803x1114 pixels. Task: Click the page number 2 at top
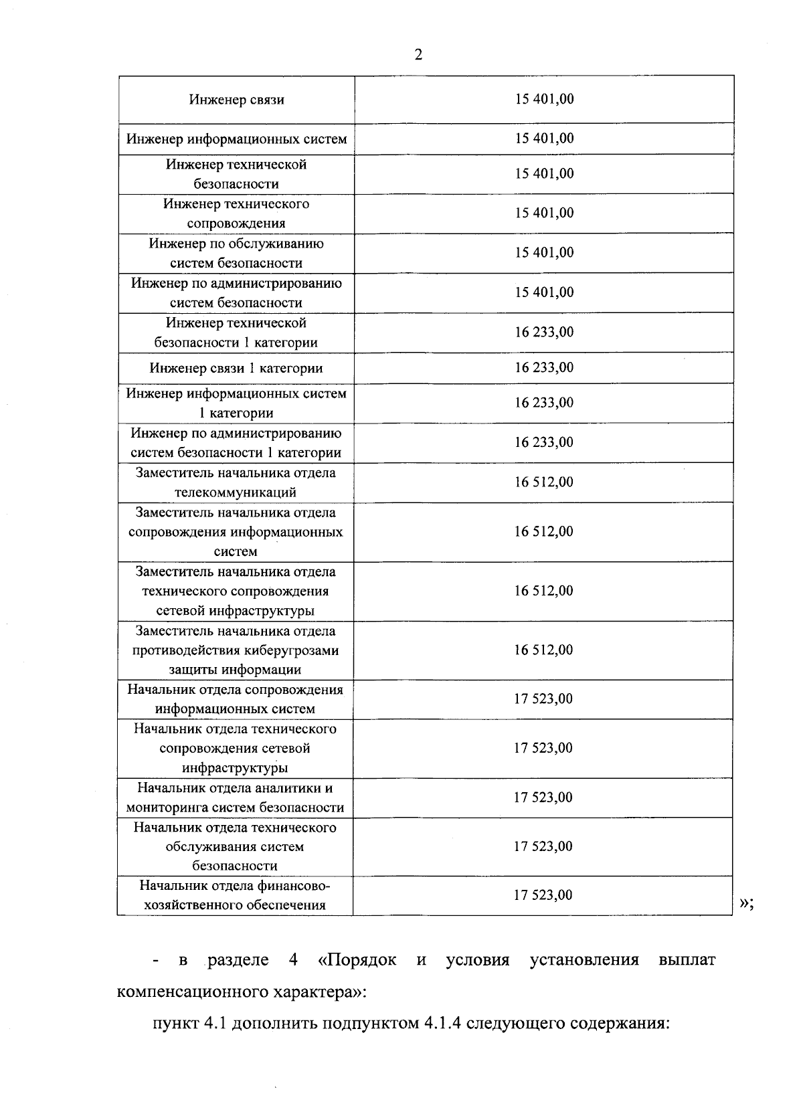(418, 55)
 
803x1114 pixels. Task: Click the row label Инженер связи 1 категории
(236, 368)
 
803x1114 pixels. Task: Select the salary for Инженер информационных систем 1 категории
(543, 402)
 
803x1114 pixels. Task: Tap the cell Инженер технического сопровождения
(236, 213)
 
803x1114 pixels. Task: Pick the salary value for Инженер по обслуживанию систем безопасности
(543, 252)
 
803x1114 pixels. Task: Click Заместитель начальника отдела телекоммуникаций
(236, 482)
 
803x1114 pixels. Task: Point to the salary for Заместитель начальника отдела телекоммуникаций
(543, 482)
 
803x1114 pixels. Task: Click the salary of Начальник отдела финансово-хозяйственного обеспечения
(543, 895)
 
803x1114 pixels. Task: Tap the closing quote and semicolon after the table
(747, 903)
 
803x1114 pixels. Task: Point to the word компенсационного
(189, 992)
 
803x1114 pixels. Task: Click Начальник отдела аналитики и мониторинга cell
(236, 798)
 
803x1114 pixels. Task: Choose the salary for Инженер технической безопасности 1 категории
(543, 332)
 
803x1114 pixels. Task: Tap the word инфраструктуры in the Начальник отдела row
(235, 767)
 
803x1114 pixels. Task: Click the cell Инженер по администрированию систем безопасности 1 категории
(236, 443)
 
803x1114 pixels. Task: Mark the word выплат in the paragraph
(687, 960)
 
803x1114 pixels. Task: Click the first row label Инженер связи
(236, 100)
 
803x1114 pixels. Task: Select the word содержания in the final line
(619, 1024)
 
